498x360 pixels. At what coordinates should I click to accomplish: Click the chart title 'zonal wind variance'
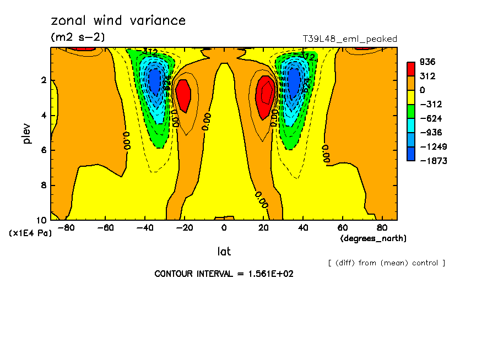pos(118,21)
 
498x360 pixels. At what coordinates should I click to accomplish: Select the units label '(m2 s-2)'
pos(78,37)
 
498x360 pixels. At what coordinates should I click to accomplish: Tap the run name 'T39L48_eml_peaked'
pos(350,39)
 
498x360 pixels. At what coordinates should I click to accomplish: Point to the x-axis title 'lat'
pos(224,252)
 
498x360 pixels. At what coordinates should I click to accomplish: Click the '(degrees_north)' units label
pos(373,238)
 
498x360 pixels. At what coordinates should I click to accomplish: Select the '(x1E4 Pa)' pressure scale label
pos(30,233)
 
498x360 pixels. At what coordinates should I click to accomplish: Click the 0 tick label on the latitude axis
pos(224,227)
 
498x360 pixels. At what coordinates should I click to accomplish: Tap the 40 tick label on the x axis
pos(303,227)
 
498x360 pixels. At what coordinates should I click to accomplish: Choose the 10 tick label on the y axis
pos(41,221)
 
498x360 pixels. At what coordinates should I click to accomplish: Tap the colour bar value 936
pos(427,62)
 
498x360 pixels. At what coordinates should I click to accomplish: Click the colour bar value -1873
pos(431,161)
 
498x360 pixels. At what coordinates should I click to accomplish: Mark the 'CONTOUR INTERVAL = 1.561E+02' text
pos(224,274)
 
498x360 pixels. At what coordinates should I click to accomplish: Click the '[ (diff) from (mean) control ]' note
pos(387,263)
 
